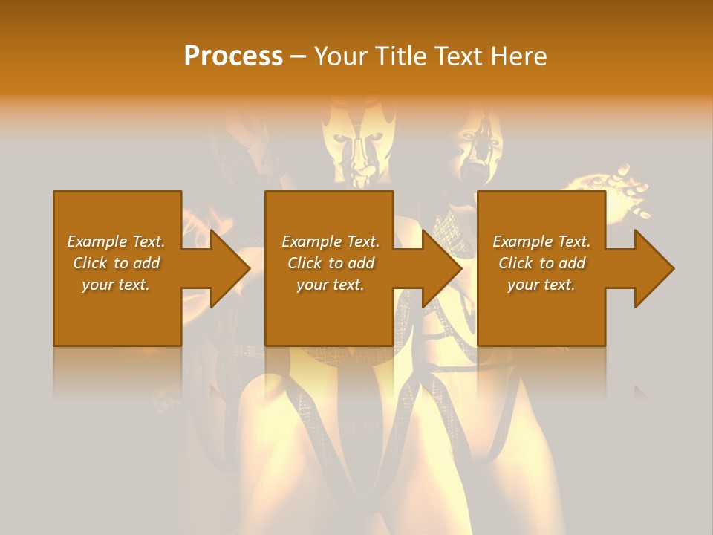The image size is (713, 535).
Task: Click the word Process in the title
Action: [x=233, y=56]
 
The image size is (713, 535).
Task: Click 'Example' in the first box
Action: [x=97, y=241]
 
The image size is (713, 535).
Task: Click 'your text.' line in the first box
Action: [x=116, y=285]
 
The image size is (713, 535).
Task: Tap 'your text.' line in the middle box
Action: [x=330, y=285]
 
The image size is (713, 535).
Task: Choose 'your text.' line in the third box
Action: [x=541, y=285]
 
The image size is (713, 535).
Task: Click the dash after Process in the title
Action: [x=299, y=56]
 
